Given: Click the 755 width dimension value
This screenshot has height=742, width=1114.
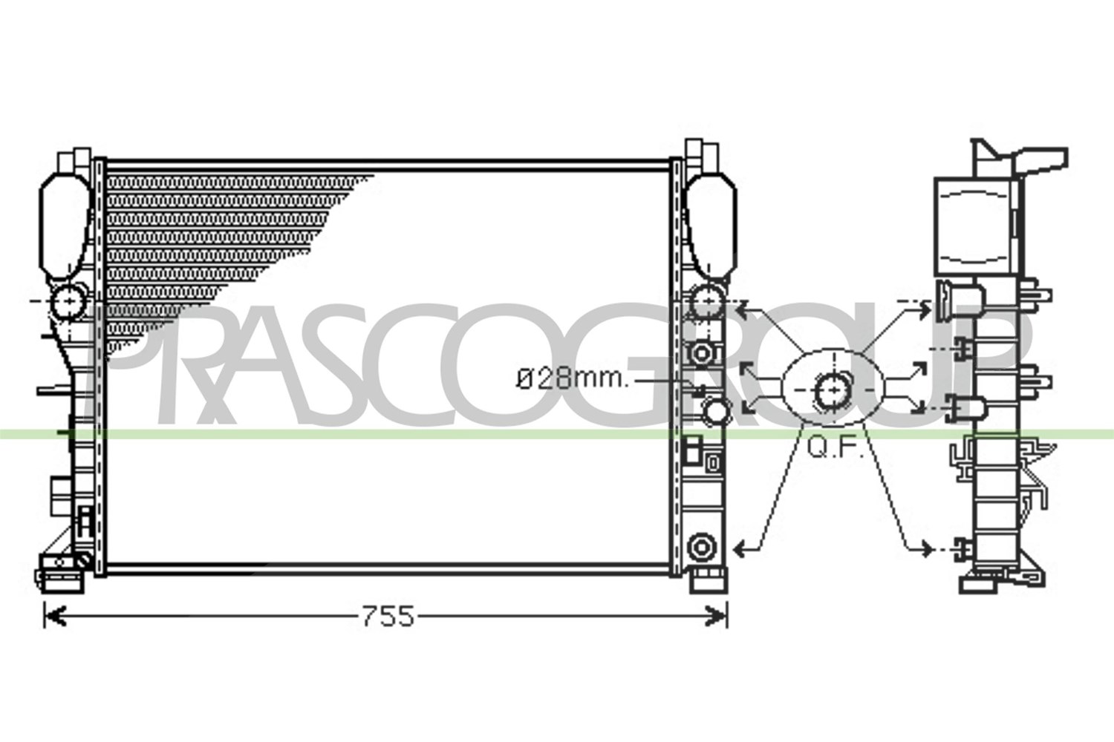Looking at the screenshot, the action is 388,617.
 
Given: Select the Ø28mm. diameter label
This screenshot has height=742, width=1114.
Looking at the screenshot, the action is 573,380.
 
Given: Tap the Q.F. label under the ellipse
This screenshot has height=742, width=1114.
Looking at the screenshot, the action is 834,448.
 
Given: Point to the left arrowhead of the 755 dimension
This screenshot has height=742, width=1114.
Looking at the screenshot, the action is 55,617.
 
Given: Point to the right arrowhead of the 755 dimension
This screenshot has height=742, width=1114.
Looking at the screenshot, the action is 716,617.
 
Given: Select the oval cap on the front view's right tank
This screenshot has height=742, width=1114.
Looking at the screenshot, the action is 711,226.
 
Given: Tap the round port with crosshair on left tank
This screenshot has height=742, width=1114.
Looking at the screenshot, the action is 70,302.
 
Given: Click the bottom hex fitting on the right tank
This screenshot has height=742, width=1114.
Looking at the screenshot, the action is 701,548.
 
